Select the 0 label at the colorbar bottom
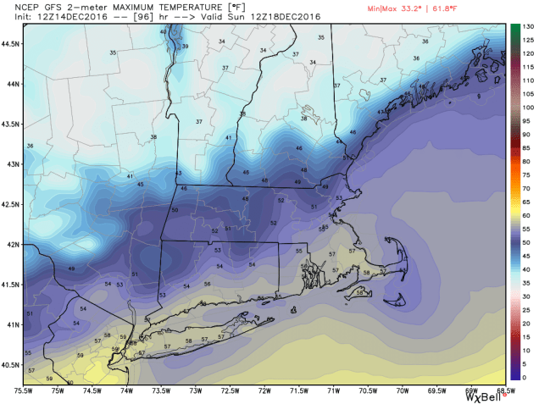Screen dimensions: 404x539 coord(526,376)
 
